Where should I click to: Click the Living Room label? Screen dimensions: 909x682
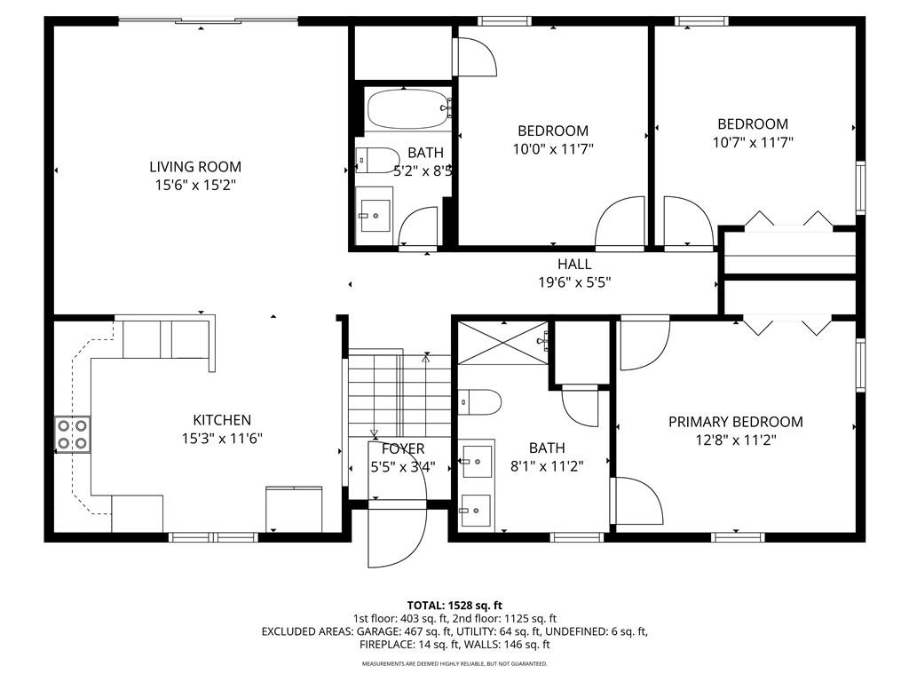(195, 167)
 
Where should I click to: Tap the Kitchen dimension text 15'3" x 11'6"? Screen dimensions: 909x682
(222, 439)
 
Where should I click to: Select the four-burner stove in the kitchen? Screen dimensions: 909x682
(73, 435)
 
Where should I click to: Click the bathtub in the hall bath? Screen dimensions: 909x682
(408, 108)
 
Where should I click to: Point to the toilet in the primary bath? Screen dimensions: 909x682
(480, 402)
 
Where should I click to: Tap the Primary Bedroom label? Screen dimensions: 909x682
(736, 422)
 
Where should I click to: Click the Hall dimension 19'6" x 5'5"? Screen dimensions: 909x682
(574, 282)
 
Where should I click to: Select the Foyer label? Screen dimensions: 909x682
(403, 448)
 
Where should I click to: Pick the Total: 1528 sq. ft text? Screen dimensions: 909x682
(454, 606)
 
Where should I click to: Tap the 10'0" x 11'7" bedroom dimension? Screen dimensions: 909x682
(553, 149)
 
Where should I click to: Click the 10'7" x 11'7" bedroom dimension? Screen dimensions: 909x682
(753, 143)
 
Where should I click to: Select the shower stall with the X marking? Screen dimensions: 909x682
(503, 344)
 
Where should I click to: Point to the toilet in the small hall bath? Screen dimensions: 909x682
(377, 160)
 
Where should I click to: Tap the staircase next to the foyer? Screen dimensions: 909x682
(399, 394)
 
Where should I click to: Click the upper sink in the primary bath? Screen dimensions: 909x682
(477, 462)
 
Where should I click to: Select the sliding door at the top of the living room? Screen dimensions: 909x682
(209, 21)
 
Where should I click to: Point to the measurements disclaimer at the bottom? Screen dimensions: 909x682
(454, 663)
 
